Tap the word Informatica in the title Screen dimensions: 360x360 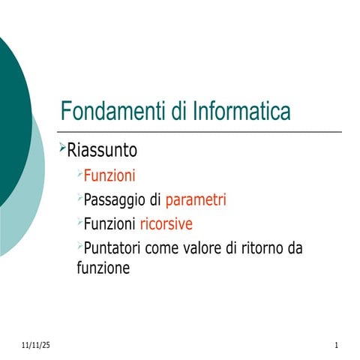pos(241,112)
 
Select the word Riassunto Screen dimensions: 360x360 pos(103,151)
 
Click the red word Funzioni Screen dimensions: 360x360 pos(109,177)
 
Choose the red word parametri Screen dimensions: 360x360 pos(196,200)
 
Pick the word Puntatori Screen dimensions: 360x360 pos(113,247)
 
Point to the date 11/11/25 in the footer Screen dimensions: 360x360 pos(35,345)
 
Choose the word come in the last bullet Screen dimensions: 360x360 pos(163,248)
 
